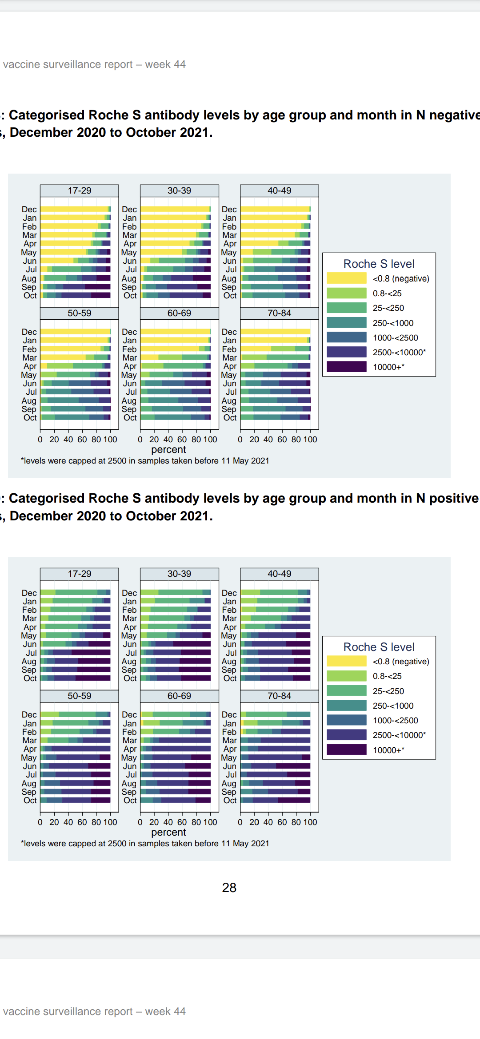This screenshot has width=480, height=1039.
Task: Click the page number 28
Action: pos(229,888)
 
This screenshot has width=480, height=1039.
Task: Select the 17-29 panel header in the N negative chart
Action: pos(80,190)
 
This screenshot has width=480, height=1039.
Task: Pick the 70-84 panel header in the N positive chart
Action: pos(279,696)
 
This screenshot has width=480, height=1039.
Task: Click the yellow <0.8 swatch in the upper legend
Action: pos(347,278)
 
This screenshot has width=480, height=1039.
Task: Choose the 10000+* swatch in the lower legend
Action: pos(347,750)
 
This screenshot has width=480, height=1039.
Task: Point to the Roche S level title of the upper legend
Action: pos(379,264)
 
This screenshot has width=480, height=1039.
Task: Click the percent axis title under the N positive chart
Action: pos(168,832)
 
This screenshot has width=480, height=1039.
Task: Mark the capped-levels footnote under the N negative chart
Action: pos(145,461)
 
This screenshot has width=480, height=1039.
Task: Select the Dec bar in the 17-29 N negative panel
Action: pos(76,209)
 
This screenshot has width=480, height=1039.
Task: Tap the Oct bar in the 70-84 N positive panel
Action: pos(276,800)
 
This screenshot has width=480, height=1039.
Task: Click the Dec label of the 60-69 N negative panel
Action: pos(129,332)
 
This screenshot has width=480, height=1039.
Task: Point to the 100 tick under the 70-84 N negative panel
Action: pos(310,440)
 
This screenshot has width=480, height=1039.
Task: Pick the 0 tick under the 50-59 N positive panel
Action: pos(40,822)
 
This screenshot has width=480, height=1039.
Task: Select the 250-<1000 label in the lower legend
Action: pos(393,706)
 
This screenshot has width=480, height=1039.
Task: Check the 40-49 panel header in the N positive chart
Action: pos(279,574)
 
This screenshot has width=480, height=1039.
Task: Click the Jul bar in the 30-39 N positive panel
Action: pos(176,653)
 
